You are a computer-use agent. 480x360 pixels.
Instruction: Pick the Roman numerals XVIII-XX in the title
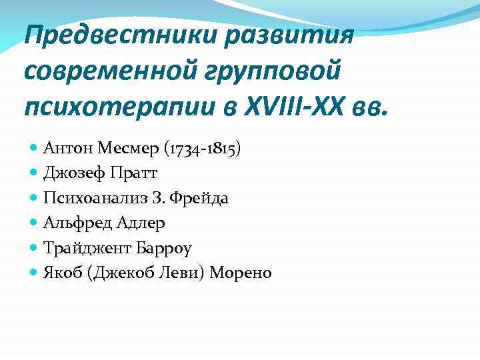coord(287,103)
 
